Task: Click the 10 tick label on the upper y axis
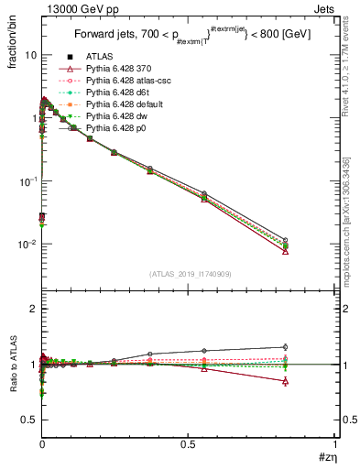coord(30,55)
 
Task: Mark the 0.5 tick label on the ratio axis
coord(28,420)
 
